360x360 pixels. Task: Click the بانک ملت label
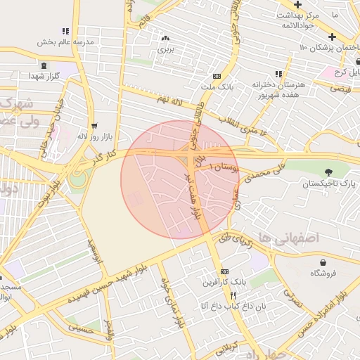point(217,86)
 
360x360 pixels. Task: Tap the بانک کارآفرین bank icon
point(224,271)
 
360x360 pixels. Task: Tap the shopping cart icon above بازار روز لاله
point(95,126)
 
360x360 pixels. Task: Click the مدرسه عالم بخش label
point(65,41)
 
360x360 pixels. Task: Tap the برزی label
point(165,49)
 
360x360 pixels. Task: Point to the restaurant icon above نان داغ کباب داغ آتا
point(224,296)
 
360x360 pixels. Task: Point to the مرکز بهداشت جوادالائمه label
point(299,20)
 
